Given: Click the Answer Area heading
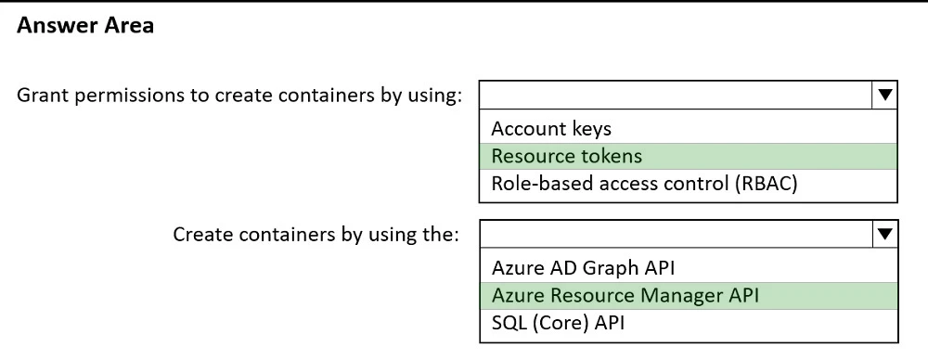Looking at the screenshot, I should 85,27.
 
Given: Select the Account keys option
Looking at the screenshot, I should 551,128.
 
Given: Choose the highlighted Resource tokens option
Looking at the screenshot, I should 567,156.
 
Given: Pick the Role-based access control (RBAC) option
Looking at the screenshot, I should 645,184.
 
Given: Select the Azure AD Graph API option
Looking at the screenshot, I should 582,269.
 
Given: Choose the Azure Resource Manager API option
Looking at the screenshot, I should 625,297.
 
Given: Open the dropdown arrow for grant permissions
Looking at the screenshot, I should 884,96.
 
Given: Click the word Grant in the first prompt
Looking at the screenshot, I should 41,97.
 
